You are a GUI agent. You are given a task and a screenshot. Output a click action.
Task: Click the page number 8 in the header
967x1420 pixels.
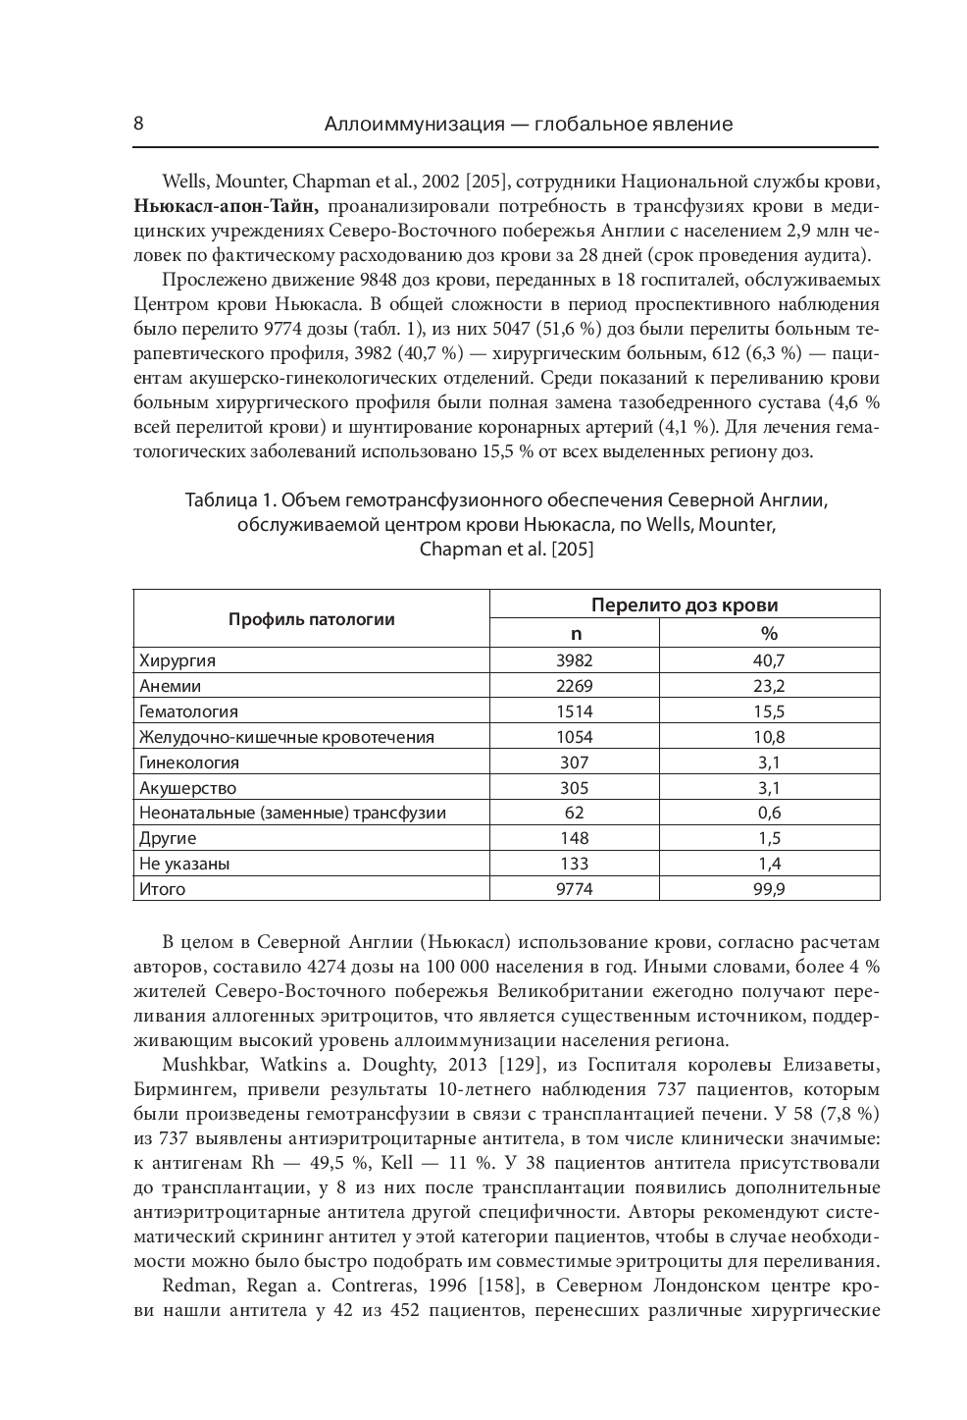[138, 124]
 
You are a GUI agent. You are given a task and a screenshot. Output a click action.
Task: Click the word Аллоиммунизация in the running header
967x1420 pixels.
[413, 125]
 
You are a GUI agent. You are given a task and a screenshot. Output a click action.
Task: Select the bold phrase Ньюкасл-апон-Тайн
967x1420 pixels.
[226, 206]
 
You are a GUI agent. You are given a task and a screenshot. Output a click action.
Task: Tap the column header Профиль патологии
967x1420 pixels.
[311, 618]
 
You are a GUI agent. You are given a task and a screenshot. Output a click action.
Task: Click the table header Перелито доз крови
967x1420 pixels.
[684, 605]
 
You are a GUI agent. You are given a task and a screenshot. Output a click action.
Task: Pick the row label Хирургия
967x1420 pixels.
[178, 660]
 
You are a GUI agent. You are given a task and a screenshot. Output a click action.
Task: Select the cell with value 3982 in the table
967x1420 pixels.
[574, 660]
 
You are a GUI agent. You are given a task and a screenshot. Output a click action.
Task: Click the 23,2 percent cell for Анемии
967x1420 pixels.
[769, 686]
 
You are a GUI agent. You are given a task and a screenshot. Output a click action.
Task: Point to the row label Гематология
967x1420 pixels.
[188, 711]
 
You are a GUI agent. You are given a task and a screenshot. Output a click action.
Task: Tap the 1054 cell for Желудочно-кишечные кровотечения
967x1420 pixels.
[574, 737]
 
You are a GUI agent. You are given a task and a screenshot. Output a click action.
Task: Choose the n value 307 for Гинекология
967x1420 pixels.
[574, 762]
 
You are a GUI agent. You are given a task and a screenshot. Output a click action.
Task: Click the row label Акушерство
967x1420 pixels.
[187, 787]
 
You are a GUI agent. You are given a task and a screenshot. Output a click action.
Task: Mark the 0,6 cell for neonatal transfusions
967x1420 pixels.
[769, 813]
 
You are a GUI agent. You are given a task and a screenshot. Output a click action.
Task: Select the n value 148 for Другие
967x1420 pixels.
[574, 838]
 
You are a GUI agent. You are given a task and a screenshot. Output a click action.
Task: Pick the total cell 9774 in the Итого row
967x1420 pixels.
[574, 889]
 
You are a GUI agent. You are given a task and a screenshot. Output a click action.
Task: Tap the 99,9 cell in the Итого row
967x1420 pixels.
[769, 889]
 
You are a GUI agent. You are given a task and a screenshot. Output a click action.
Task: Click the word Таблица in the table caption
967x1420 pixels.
[217, 500]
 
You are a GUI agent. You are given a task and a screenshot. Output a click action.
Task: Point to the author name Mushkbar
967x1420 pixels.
[199, 1063]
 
